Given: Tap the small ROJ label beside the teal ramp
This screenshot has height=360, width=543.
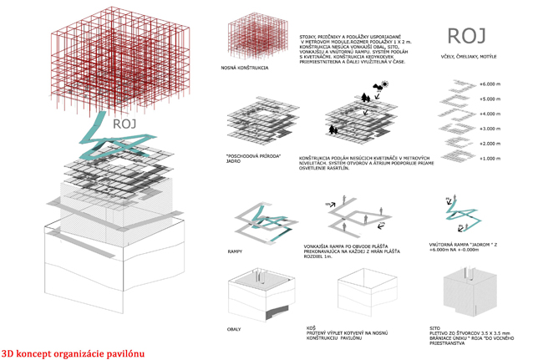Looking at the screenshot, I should click(x=124, y=124).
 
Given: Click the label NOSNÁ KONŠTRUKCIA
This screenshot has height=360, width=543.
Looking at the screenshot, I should click(x=245, y=67).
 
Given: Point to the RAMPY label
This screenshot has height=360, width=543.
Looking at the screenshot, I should click(x=236, y=248).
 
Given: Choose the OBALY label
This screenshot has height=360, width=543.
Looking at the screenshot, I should click(x=235, y=329).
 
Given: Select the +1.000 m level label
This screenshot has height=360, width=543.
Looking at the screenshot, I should click(x=488, y=158).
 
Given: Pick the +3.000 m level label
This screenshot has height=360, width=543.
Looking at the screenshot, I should click(x=488, y=129).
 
